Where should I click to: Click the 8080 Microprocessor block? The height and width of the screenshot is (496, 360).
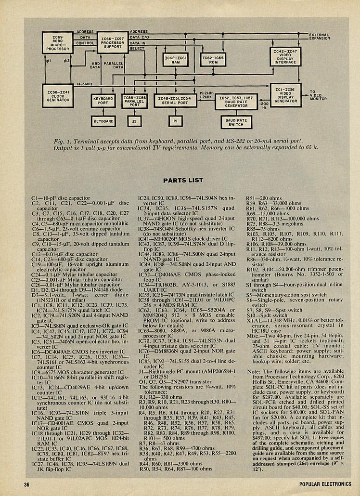[57, 43]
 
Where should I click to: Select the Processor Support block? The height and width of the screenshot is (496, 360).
[112, 43]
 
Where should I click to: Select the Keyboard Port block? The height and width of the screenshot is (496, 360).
[103, 101]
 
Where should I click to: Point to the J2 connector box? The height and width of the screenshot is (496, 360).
[134, 121]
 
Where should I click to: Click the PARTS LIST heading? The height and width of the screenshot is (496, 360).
[183, 181]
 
